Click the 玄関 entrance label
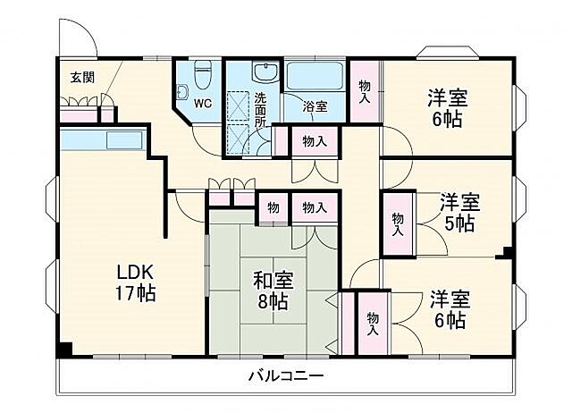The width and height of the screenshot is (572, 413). [x=82, y=78]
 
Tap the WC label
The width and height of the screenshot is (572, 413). [x=203, y=103]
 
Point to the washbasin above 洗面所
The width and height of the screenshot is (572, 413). [x=265, y=72]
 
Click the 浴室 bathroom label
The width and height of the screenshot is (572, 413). [x=315, y=106]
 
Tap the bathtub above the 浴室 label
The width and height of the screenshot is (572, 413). [x=316, y=75]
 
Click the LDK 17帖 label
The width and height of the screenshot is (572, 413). [x=136, y=281]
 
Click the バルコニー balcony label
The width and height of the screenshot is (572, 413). [x=286, y=375]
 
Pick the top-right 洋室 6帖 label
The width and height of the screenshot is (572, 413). [x=447, y=107]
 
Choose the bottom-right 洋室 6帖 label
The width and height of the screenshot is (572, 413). [x=447, y=308]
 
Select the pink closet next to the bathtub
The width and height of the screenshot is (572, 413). [x=364, y=87]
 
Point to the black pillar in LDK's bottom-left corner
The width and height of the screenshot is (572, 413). [x=63, y=350]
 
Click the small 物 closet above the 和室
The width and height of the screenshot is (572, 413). [x=272, y=208]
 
